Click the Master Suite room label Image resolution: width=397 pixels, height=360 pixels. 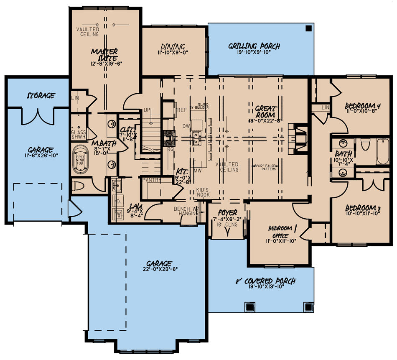point(105,54)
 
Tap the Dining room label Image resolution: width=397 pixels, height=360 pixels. point(173,46)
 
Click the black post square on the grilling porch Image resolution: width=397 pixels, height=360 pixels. point(308,28)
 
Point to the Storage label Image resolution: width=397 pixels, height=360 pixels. point(41,96)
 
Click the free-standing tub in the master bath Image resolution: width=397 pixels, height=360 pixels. point(80,160)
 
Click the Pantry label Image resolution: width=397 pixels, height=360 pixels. point(152,180)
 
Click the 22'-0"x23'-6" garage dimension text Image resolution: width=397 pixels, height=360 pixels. point(159,270)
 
